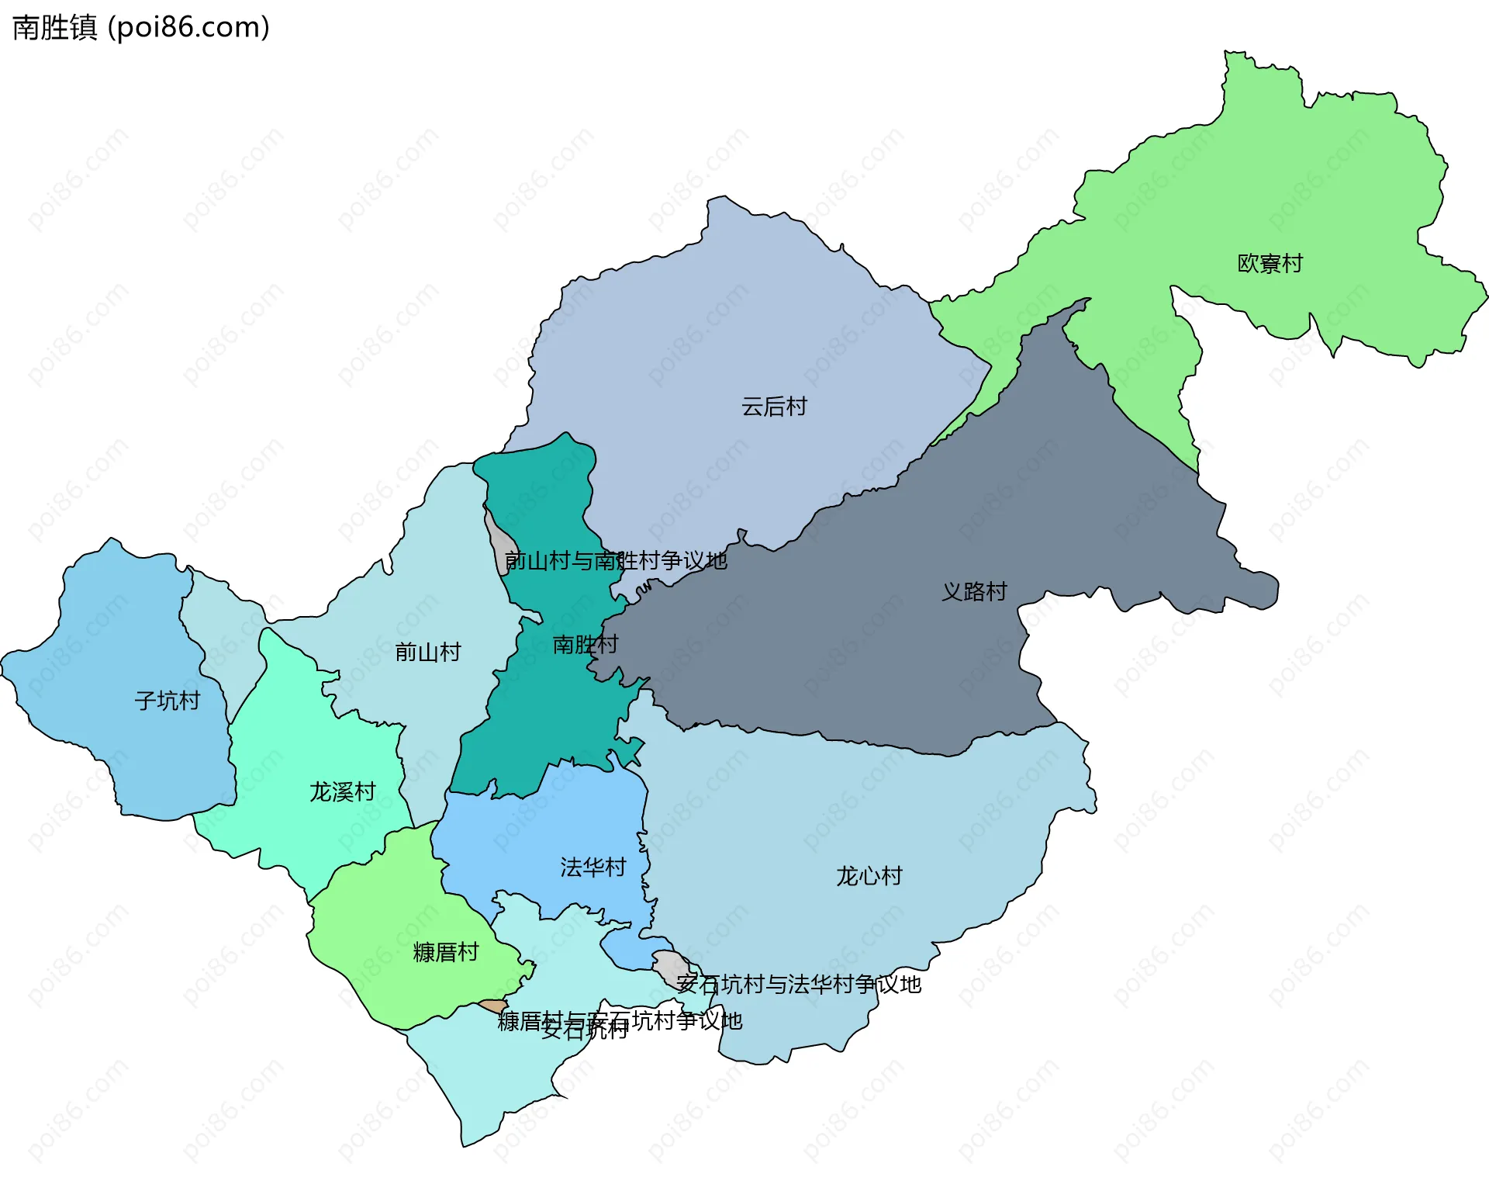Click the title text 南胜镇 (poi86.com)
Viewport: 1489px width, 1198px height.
141,28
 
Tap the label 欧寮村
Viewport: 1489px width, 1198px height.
1270,264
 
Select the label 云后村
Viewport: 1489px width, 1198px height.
774,407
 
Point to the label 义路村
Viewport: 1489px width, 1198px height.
974,592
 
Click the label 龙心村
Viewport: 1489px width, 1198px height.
869,876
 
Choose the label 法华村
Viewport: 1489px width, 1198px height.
592,867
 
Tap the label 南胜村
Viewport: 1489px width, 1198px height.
585,645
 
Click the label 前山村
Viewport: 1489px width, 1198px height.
427,653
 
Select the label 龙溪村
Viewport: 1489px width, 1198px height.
342,792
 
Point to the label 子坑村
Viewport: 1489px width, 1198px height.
167,701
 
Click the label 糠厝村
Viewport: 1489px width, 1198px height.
445,953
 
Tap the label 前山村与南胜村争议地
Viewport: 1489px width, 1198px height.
616,561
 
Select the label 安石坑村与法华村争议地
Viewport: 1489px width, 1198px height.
798,985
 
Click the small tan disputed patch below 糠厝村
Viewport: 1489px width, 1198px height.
493,1006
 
